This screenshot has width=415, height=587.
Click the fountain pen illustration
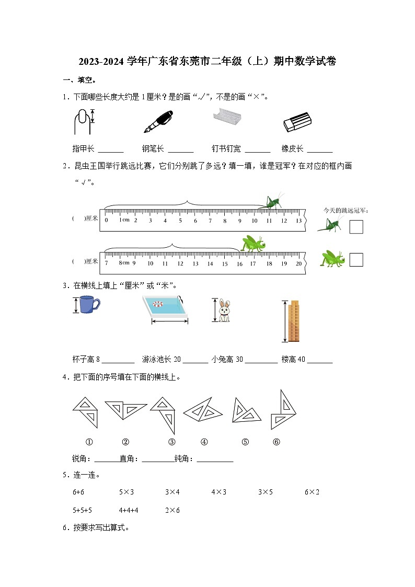tap(158, 122)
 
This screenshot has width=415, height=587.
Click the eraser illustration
tap(297, 122)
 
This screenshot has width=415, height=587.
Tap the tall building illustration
tap(294, 321)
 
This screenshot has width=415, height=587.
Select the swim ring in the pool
tap(159, 304)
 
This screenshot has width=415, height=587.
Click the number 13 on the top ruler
tap(298, 221)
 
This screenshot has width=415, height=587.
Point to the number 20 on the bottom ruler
tap(298, 264)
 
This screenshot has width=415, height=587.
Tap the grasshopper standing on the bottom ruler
tap(253, 244)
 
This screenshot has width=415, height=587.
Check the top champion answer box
tap(356, 227)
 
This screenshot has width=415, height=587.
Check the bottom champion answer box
tap(356, 260)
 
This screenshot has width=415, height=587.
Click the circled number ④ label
tap(204, 442)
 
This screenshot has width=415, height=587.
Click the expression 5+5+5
tap(83, 510)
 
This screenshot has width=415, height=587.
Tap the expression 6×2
tap(312, 492)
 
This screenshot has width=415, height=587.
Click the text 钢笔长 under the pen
tap(153, 148)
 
